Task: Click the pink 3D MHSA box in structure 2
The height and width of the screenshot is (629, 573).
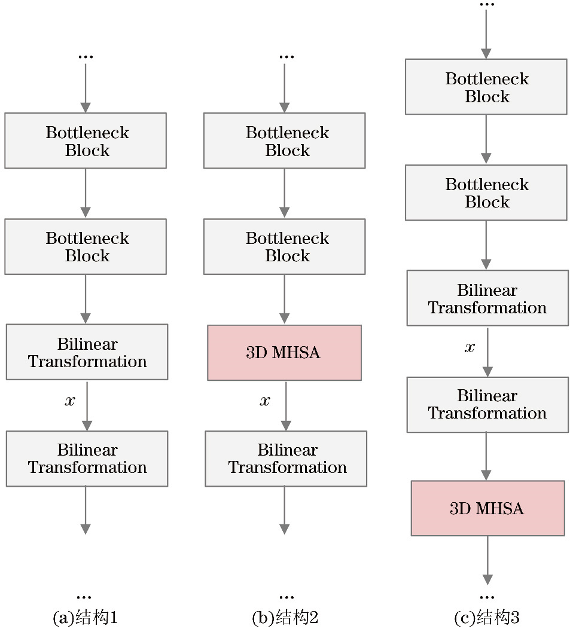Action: point(284,353)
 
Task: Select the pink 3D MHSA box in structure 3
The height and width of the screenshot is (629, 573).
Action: point(487,508)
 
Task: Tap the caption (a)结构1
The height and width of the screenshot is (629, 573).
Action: point(85,618)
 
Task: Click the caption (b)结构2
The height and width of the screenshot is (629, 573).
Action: point(285,618)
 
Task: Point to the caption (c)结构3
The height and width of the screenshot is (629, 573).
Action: point(487,618)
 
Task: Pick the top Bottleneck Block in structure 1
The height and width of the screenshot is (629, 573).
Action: point(86,141)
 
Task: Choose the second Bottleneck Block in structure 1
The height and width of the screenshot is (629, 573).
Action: point(86,246)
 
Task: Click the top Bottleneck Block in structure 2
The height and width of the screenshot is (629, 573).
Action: point(284,141)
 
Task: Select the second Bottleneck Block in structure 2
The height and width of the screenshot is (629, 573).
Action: point(284,246)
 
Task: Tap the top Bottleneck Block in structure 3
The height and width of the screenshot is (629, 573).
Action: point(486,87)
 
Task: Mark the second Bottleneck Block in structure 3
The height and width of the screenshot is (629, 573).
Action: point(486,193)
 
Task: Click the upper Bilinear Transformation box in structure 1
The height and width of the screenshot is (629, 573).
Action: point(87,352)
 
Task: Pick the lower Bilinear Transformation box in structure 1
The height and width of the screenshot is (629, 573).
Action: point(87,458)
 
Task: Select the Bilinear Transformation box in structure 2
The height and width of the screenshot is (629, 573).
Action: point(286,458)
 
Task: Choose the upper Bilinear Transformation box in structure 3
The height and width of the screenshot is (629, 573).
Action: point(487,298)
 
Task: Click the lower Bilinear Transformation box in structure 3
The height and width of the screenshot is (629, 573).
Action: point(487,404)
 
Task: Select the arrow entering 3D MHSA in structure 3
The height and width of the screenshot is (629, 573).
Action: point(486,457)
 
